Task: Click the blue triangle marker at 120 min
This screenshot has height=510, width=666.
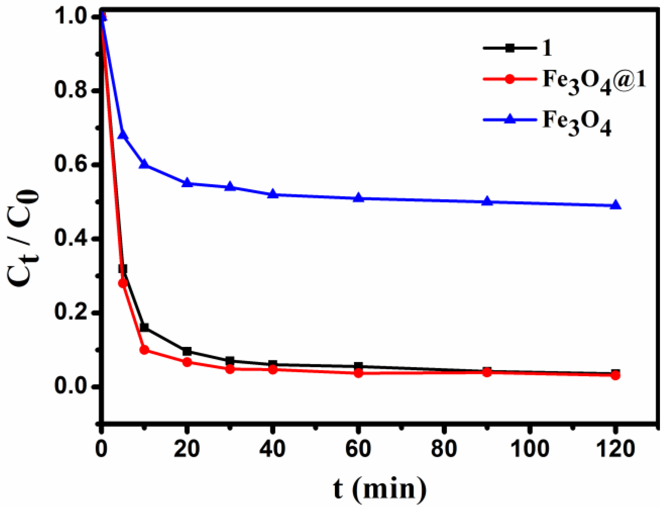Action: pyautogui.click(x=615, y=205)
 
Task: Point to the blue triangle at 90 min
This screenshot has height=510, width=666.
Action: pyautogui.click(x=487, y=201)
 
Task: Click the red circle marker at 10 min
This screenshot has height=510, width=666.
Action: pyautogui.click(x=144, y=350)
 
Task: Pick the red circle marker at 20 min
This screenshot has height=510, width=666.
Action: pyautogui.click(x=187, y=362)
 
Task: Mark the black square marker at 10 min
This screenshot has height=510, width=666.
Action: pyautogui.click(x=144, y=327)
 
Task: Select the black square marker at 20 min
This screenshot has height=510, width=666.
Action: pyautogui.click(x=187, y=351)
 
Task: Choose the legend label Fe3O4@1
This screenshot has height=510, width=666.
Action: pyautogui.click(x=594, y=81)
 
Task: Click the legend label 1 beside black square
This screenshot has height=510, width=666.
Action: pyautogui.click(x=547, y=48)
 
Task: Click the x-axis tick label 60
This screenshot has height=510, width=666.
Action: pyautogui.click(x=358, y=449)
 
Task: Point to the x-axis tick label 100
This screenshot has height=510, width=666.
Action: pyautogui.click(x=530, y=449)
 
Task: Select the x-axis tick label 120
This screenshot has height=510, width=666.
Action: pyautogui.click(x=615, y=449)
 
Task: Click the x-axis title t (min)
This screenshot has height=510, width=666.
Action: pyautogui.click(x=380, y=489)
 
